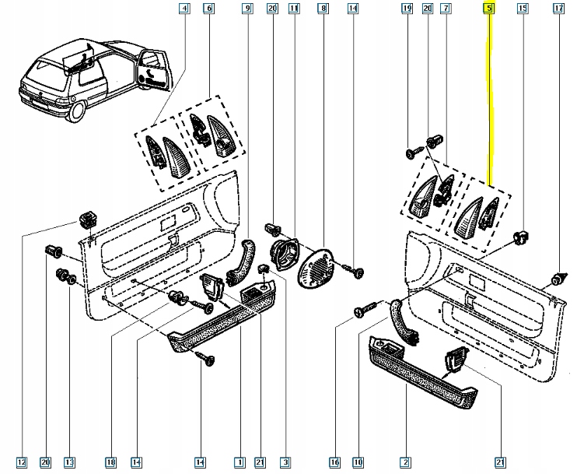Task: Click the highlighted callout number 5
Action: pyautogui.click(x=488, y=9)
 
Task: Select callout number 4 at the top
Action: pyautogui.click(x=184, y=9)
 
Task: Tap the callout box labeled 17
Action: pyautogui.click(x=558, y=9)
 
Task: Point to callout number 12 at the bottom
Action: pyautogui.click(x=21, y=463)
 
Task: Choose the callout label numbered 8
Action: pyautogui.click(x=322, y=9)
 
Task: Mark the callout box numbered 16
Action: pyautogui.click(x=335, y=463)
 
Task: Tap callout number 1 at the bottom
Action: pyautogui.click(x=242, y=463)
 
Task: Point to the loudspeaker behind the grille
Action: pyautogui.click(x=281, y=252)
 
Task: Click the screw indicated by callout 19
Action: pyautogui.click(x=411, y=153)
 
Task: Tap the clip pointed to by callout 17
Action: pyautogui.click(x=556, y=278)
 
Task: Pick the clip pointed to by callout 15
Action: pyautogui.click(x=522, y=237)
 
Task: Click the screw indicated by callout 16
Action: pyautogui.click(x=360, y=312)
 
